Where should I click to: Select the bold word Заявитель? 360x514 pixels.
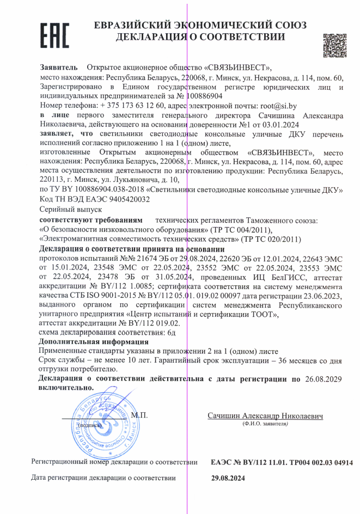point(59,68)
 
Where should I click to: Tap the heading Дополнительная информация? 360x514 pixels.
point(94,341)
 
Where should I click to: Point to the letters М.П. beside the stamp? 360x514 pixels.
point(139,415)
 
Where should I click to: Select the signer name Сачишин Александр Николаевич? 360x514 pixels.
point(265,416)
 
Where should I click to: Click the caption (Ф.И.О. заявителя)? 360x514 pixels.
point(265,424)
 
